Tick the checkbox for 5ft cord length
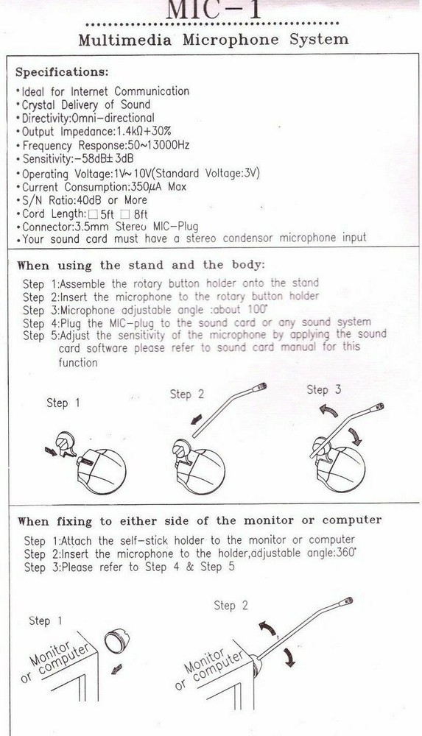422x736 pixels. tap(82, 213)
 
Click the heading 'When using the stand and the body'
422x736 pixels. tap(140, 265)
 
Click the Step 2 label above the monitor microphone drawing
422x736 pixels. tap(231, 605)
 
